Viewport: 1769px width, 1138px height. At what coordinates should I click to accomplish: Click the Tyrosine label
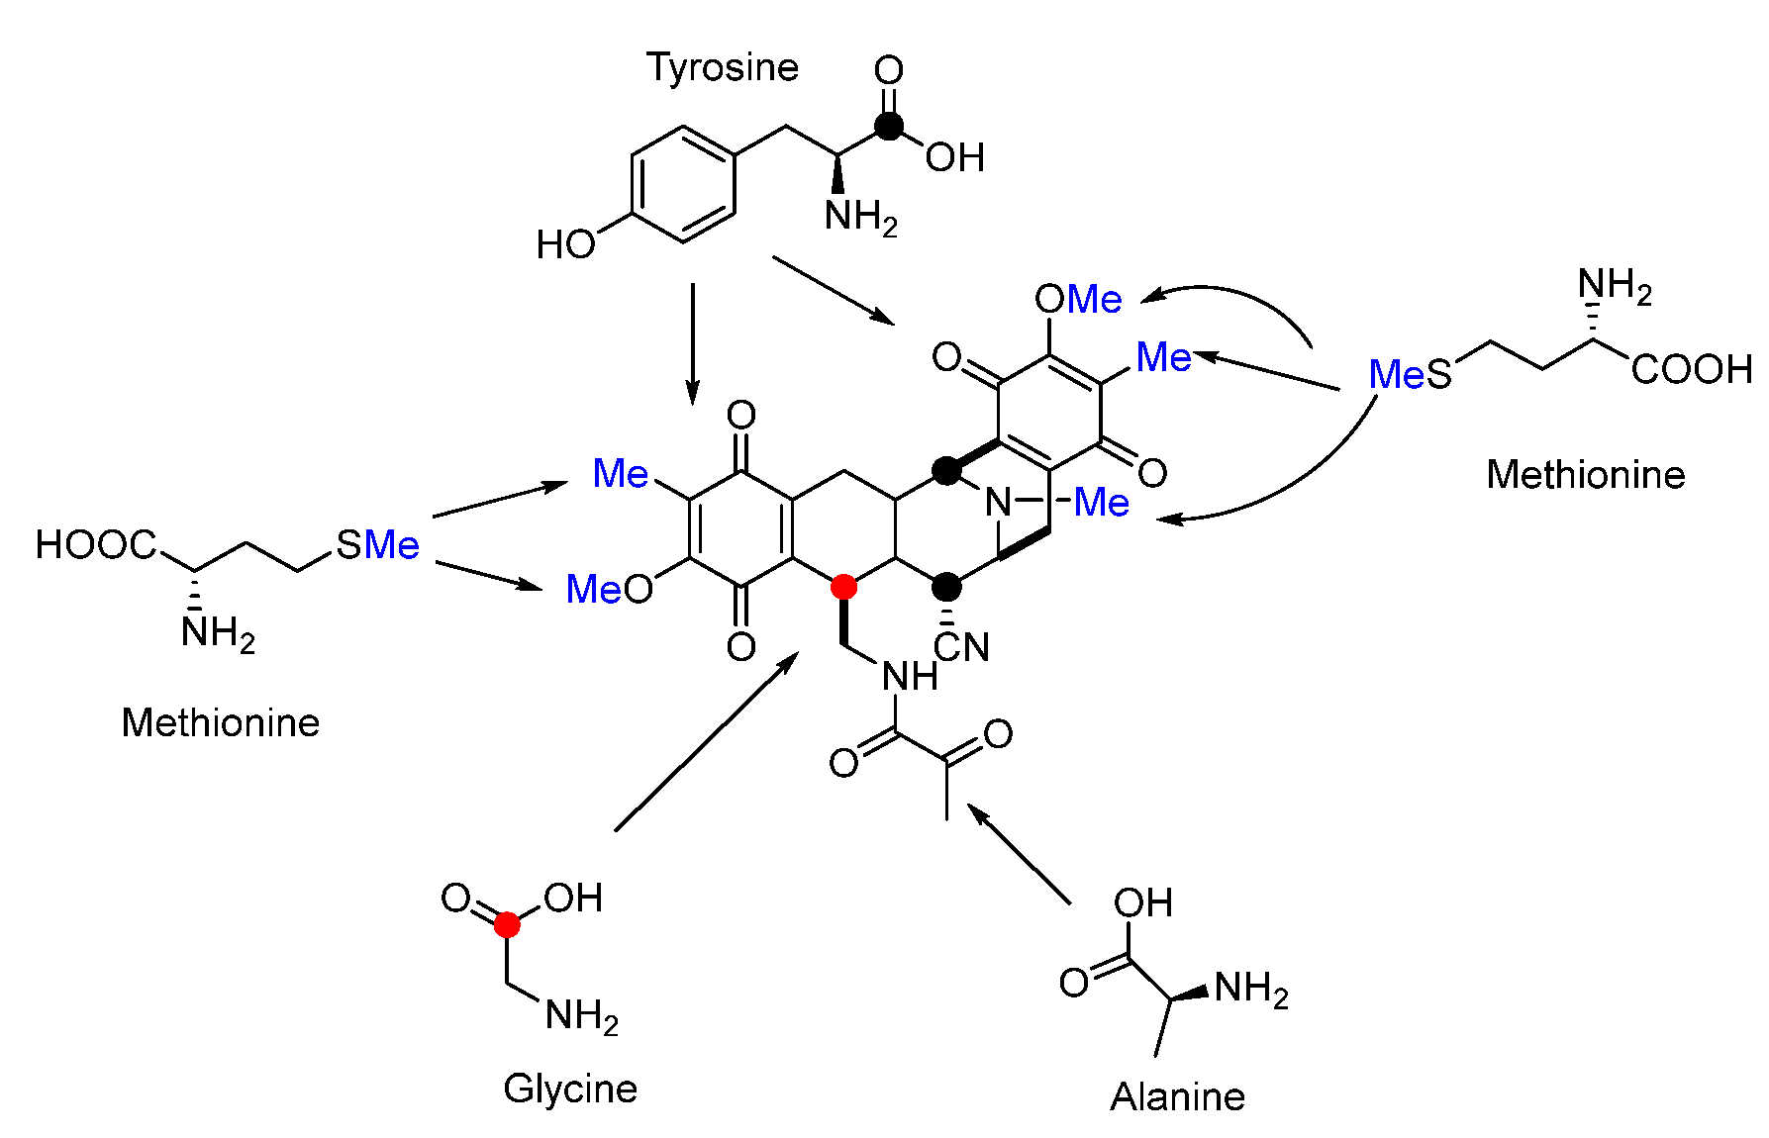click(722, 68)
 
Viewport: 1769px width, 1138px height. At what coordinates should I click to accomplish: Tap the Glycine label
click(570, 1090)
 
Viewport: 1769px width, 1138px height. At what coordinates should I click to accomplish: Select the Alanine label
click(1177, 1096)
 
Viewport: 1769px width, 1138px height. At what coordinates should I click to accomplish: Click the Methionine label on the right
click(1585, 475)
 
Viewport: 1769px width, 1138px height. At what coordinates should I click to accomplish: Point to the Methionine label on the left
click(220, 723)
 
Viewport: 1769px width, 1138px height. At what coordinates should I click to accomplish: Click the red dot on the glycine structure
click(507, 925)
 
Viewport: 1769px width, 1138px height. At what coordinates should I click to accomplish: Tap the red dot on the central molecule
click(843, 587)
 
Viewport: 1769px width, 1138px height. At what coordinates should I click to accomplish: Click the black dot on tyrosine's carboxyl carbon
click(889, 126)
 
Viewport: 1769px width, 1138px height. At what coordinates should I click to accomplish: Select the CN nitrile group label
click(961, 648)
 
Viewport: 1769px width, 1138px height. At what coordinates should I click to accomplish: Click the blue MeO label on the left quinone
click(609, 590)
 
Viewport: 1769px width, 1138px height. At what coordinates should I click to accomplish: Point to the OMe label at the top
click(1078, 299)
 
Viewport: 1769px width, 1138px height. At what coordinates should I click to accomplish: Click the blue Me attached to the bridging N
click(1101, 503)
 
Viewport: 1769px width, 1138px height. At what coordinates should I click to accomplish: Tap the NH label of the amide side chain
click(910, 677)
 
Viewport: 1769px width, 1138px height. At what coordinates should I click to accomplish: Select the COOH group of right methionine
click(1692, 370)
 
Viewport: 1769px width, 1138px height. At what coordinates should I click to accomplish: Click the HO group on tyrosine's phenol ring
click(565, 244)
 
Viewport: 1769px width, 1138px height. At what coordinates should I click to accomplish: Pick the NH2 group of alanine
click(1250, 989)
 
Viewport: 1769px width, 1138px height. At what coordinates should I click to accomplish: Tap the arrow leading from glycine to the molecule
click(707, 742)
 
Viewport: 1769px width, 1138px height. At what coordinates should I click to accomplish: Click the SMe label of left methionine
click(377, 545)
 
